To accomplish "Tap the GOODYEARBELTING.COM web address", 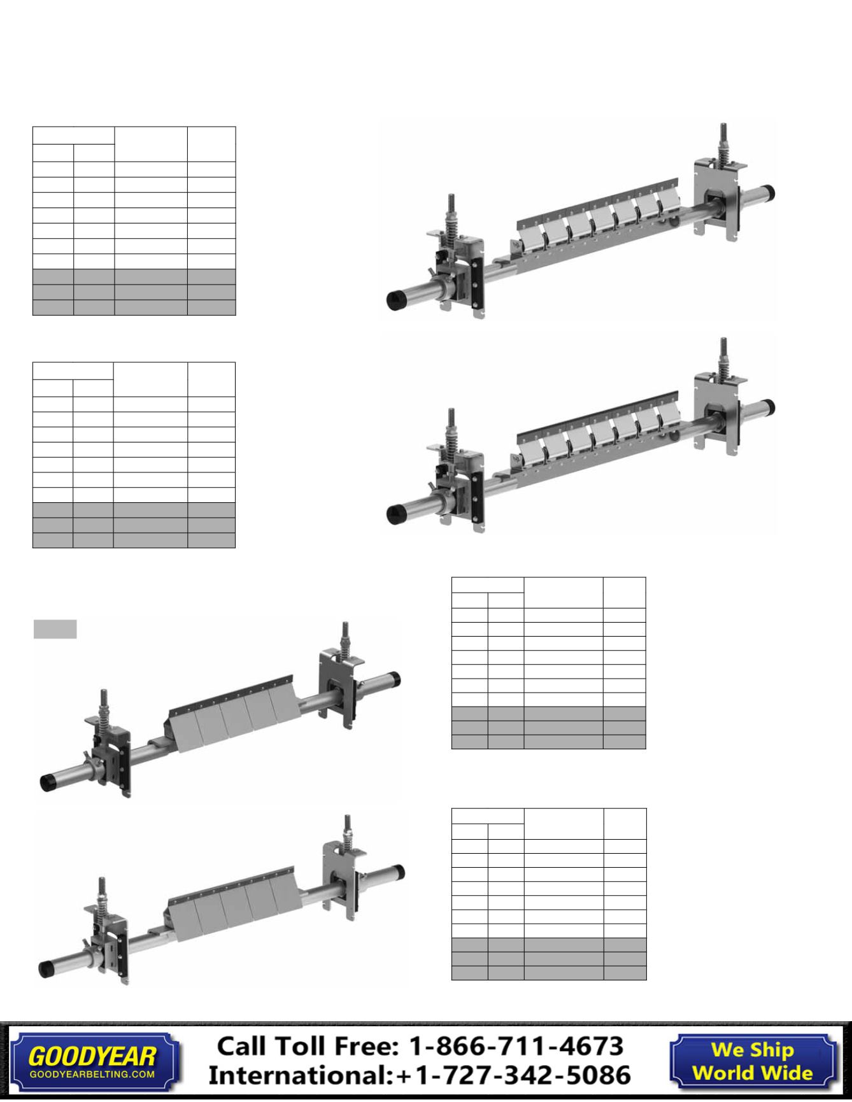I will (92, 1074).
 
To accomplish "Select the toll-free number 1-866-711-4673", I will (515, 1047).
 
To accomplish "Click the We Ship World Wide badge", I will (752, 1061).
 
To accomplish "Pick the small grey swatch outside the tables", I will (55, 629).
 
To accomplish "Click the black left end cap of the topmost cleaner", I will (399, 300).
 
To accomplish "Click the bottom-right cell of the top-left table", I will (211, 307).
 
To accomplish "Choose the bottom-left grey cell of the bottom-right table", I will (469, 973).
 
